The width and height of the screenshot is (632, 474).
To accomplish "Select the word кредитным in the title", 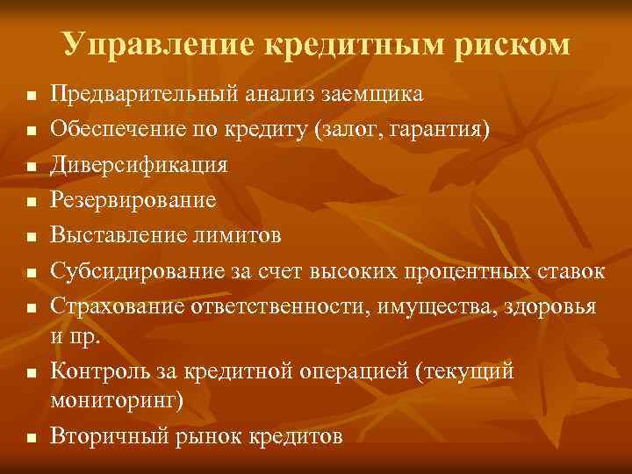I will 367,44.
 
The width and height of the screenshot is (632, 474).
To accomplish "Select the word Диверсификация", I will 139,165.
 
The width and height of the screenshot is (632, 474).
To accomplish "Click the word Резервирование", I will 133,201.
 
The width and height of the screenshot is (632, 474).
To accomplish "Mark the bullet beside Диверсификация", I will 30,166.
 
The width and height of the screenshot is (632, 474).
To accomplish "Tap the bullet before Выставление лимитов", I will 30,238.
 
